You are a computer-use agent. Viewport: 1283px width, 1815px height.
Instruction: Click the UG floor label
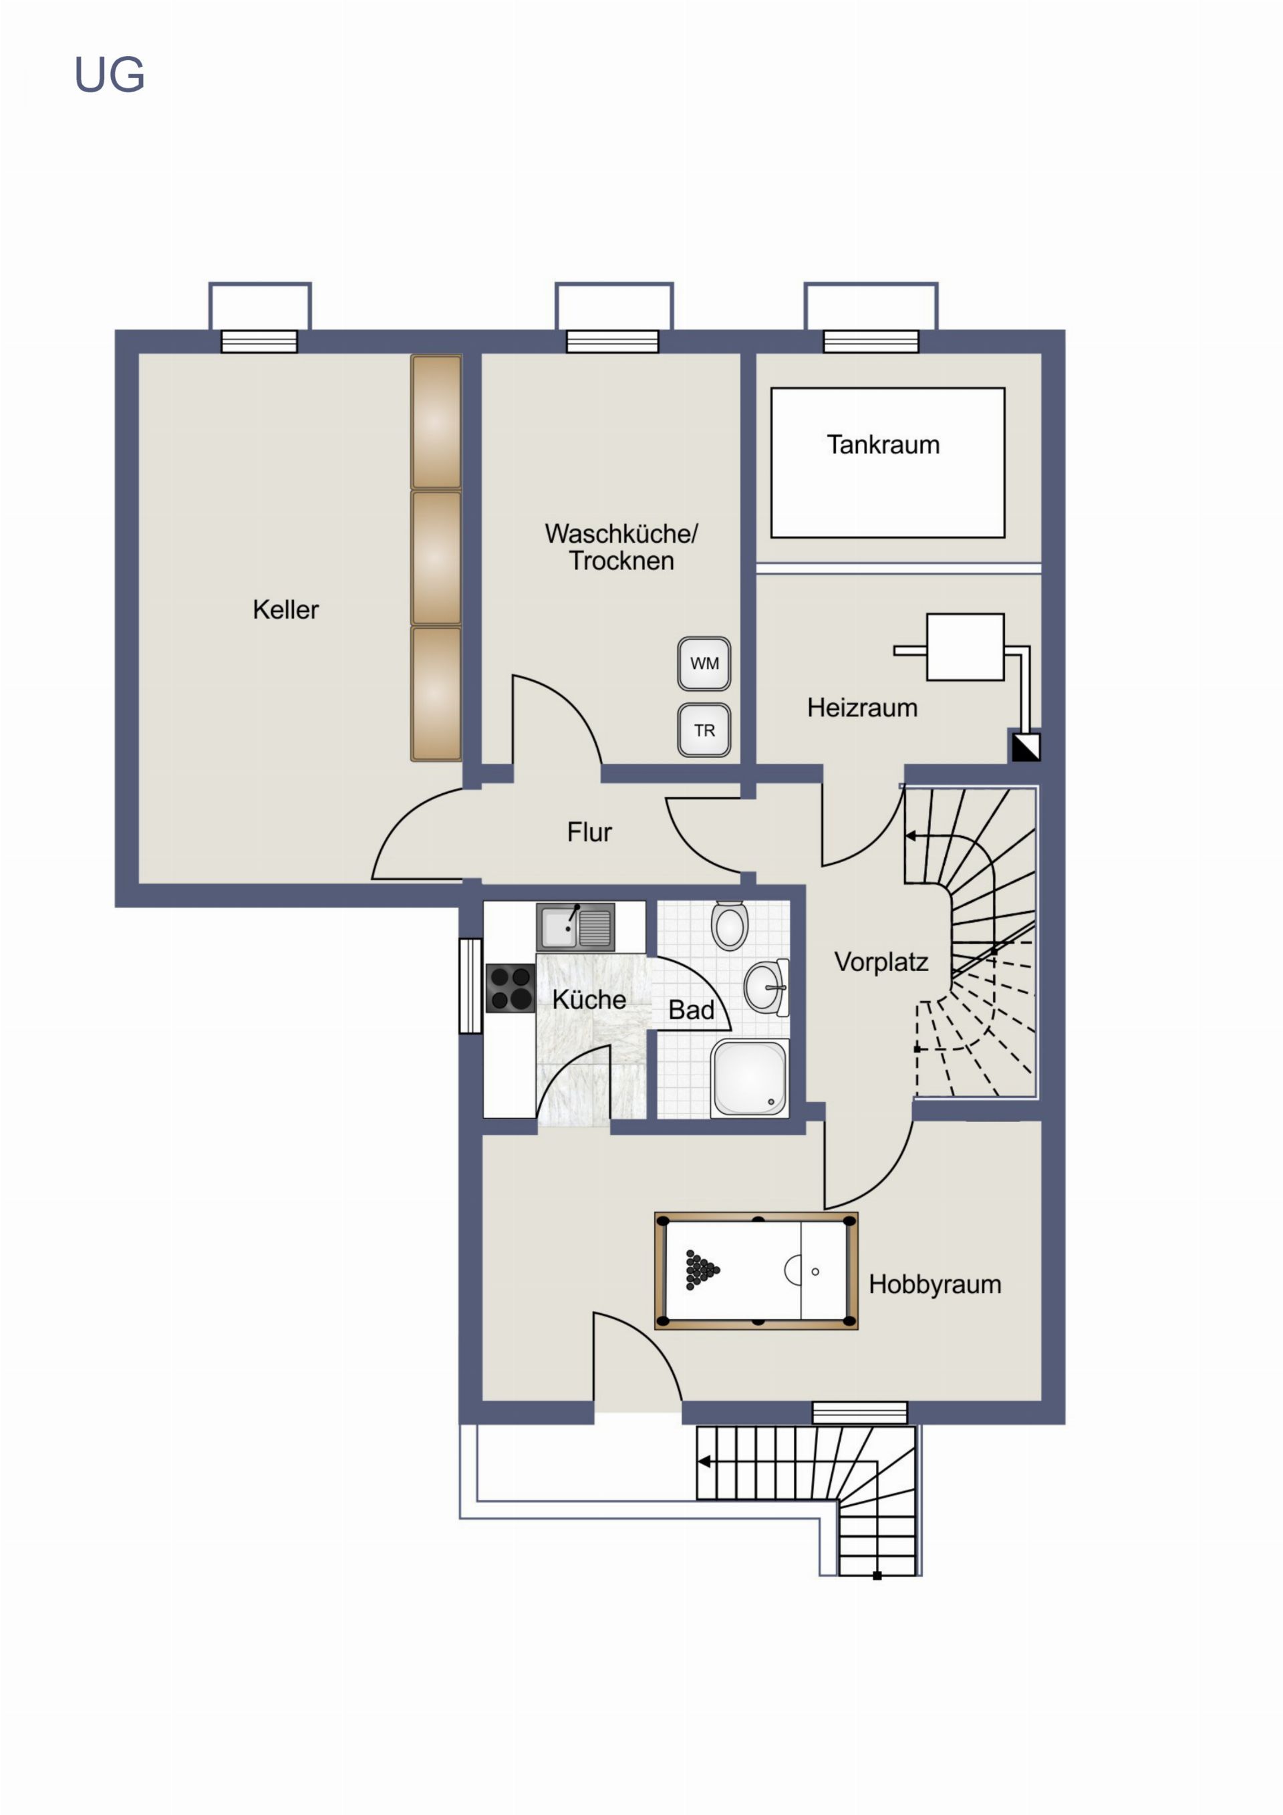[x=109, y=75]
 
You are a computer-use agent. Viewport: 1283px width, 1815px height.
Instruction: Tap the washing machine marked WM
[x=704, y=664]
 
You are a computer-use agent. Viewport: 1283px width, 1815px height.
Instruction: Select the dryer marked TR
[x=704, y=730]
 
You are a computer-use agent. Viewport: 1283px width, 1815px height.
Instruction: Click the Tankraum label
[x=883, y=445]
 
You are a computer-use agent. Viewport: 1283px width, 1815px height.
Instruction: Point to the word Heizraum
[x=863, y=708]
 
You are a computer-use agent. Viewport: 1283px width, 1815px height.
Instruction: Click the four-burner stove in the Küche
[x=511, y=988]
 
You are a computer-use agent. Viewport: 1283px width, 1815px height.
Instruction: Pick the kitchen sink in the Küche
[x=575, y=926]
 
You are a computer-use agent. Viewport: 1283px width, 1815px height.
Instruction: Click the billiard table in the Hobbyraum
[x=756, y=1270]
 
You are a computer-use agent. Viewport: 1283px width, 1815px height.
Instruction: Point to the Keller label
[x=285, y=609]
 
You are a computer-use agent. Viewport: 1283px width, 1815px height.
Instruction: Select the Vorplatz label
[x=881, y=962]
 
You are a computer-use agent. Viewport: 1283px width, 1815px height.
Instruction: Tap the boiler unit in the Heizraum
[x=965, y=647]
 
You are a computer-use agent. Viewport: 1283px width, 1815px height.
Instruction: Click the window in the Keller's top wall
[x=259, y=341]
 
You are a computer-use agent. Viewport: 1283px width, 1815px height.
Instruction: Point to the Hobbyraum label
[x=935, y=1284]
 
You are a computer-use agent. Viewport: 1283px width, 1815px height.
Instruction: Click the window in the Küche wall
[x=470, y=985]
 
